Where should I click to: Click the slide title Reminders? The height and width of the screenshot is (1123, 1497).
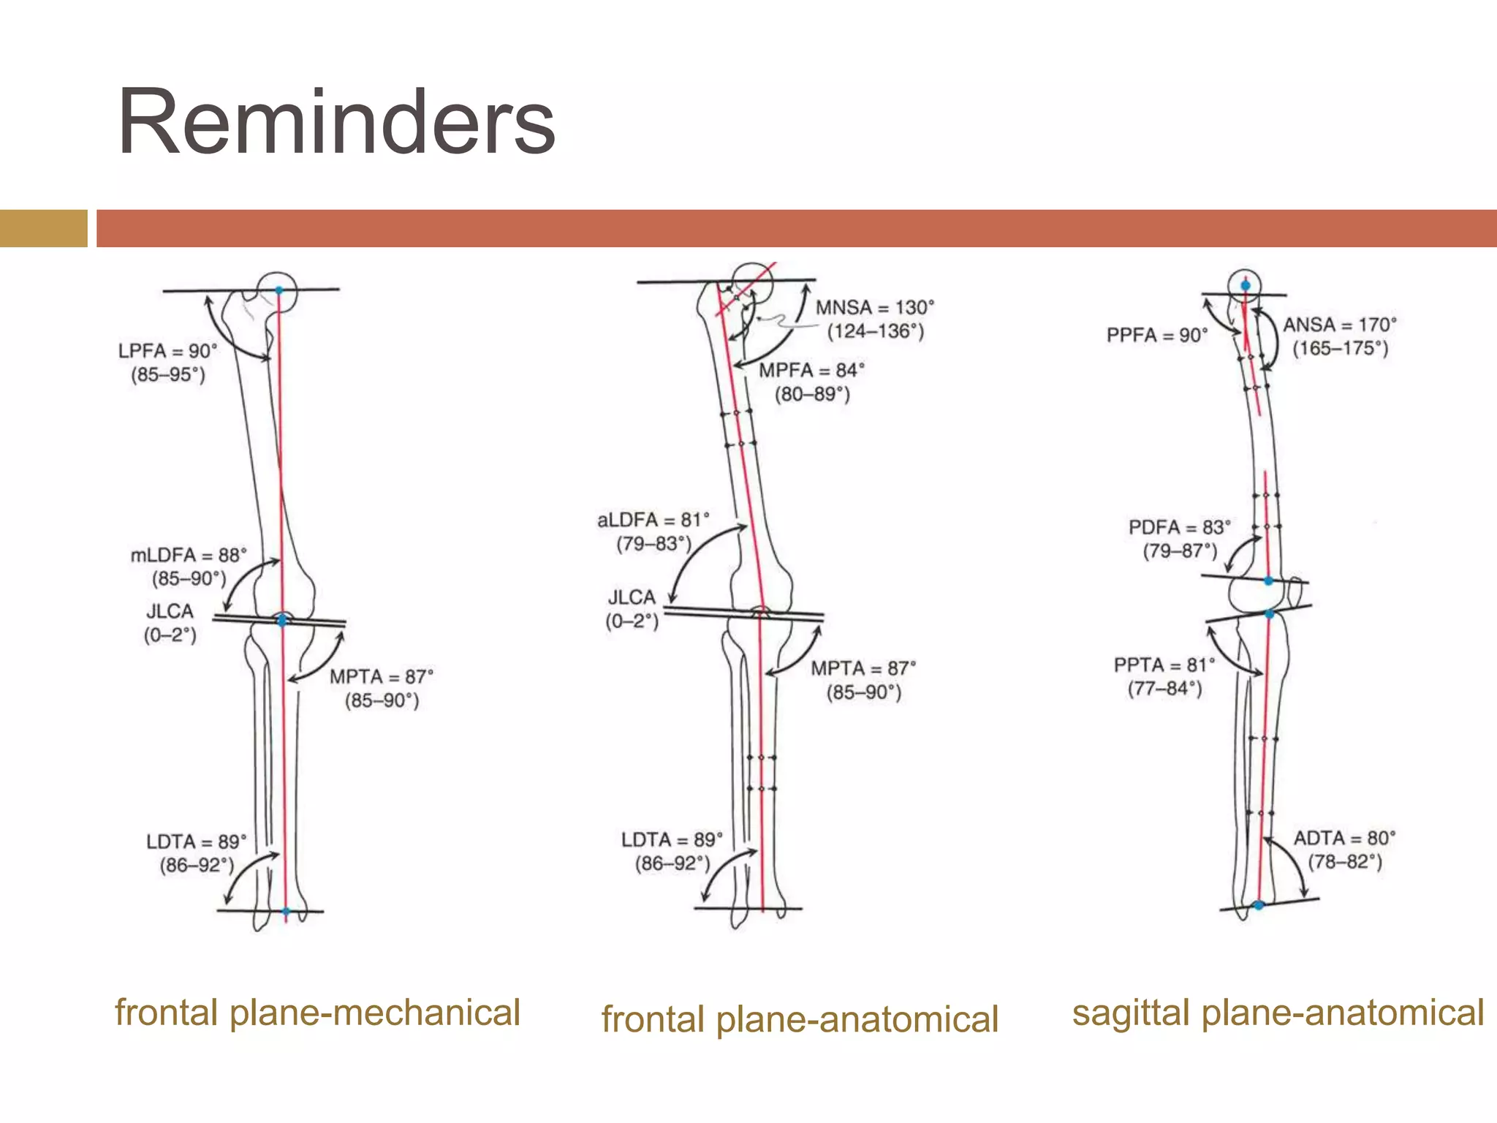point(336,122)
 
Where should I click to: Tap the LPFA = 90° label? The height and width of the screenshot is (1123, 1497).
point(168,351)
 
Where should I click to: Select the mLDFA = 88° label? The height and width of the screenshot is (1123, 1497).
point(189,556)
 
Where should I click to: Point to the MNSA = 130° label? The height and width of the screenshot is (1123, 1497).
point(875,308)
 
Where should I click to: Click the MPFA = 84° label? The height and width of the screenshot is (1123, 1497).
point(811,371)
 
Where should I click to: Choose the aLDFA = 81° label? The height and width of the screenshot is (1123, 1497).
point(653,521)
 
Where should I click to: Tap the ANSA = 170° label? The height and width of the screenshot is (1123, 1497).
point(1340,325)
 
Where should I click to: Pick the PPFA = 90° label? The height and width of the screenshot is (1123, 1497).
point(1157,336)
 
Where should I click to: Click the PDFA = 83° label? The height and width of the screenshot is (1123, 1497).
point(1180,527)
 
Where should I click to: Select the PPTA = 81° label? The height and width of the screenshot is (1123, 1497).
point(1164,665)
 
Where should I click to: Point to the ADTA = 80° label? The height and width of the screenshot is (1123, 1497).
point(1345,838)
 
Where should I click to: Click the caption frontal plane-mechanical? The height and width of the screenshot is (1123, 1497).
point(317,1013)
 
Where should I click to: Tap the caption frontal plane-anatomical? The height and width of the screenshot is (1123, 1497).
point(800,1019)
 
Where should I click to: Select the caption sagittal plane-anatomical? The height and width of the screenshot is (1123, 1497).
point(1278,1013)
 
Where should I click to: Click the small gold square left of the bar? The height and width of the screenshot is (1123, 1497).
point(43,228)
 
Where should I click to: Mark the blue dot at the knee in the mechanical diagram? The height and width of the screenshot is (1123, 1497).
point(283,620)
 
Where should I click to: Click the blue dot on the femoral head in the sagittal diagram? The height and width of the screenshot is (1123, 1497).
point(1246,285)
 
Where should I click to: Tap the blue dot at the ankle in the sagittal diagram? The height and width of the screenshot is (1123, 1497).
point(1259,905)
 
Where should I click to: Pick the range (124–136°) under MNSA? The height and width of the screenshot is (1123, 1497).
point(875,332)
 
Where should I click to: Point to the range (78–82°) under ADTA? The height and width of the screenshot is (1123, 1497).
point(1345,862)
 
